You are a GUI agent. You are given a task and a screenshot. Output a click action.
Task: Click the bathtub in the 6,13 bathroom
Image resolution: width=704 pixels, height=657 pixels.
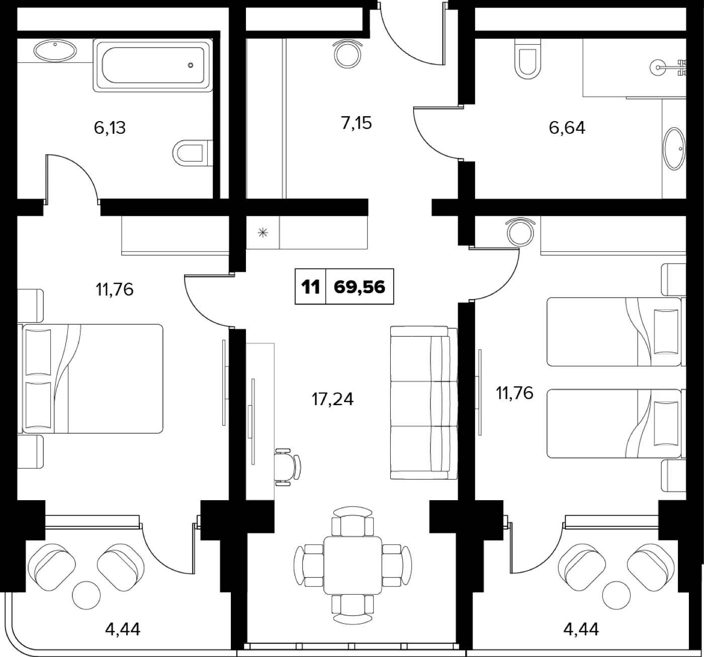[x=153, y=65]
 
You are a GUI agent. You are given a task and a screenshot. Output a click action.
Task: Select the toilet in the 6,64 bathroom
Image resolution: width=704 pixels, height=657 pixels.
[x=528, y=59]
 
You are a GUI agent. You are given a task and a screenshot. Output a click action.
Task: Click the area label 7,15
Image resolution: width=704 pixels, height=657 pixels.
[x=357, y=123]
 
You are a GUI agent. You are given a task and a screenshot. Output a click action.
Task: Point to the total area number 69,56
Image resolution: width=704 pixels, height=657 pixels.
[x=360, y=287]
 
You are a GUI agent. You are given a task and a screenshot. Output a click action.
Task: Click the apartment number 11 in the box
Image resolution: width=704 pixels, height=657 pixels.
[x=311, y=287]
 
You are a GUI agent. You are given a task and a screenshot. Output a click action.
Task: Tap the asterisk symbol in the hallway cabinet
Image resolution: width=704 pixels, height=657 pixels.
[x=263, y=233]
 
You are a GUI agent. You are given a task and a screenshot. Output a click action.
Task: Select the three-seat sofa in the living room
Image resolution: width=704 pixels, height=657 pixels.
[x=424, y=403]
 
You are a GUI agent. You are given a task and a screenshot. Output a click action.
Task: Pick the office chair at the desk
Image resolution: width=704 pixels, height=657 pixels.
[x=288, y=467]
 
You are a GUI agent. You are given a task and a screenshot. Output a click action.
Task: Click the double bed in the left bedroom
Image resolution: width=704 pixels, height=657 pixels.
[x=91, y=379]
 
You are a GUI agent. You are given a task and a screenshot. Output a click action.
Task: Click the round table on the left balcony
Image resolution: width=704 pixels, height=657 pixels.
[x=86, y=595]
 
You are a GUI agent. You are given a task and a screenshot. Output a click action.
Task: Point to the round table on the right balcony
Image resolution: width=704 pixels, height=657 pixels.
[x=617, y=595]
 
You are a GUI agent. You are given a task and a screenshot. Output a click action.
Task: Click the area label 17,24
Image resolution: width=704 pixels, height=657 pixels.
[x=332, y=399]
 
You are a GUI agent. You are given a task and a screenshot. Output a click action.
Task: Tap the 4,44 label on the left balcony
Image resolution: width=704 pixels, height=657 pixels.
[x=123, y=629]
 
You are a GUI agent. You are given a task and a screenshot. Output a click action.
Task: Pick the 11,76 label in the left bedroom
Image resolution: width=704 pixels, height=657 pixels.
[x=114, y=290]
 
